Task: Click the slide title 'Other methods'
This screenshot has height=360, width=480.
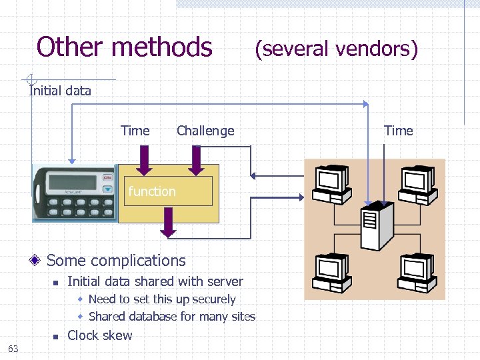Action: pyautogui.click(x=124, y=47)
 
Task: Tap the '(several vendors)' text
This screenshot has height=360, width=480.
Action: pyautogui.click(x=337, y=49)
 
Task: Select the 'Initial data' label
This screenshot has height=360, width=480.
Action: pyautogui.click(x=60, y=91)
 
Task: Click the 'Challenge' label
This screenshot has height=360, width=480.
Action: pyautogui.click(x=205, y=131)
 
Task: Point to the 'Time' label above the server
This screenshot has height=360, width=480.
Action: pyautogui.click(x=398, y=131)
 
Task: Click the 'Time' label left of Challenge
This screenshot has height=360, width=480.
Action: pyautogui.click(x=135, y=131)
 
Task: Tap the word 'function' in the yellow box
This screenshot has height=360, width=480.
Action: pyautogui.click(x=152, y=191)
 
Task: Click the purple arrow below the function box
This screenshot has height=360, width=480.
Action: pyautogui.click(x=168, y=222)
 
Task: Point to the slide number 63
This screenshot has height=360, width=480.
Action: pyautogui.click(x=13, y=348)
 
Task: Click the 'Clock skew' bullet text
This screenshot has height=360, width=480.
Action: pyautogui.click(x=100, y=335)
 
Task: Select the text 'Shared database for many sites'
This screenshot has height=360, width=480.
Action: pyautogui.click(x=171, y=317)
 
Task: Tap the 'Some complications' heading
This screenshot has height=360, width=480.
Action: pyautogui.click(x=116, y=261)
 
